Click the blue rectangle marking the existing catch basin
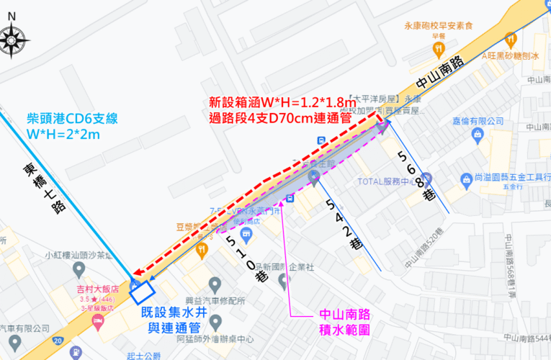[x=142, y=291]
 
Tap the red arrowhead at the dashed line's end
[x=138, y=274]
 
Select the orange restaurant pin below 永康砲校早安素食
[x=438, y=48]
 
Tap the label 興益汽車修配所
[x=214, y=300]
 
